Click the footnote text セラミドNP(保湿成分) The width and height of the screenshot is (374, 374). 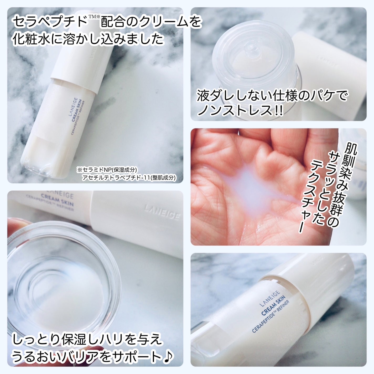coord(107,170)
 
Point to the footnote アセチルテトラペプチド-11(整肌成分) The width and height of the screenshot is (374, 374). coord(129,178)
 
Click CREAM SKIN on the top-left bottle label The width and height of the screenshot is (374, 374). coord(76,110)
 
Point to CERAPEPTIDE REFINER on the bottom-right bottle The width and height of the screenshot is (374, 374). coord(271,317)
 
